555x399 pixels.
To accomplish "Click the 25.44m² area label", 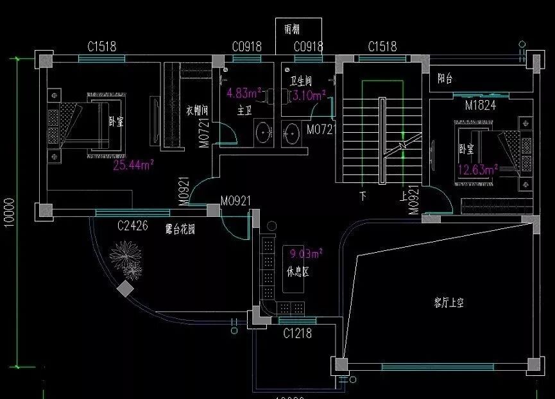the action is tap(133, 166).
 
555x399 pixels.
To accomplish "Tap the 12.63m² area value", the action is tap(478, 170).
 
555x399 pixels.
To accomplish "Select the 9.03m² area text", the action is tap(306, 253).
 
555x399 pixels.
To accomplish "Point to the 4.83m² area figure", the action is tap(242, 93).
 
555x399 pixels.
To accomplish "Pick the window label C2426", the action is tap(133, 226).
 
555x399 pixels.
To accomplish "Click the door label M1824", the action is tap(481, 105).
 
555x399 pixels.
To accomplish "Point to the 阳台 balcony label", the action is tap(445, 79).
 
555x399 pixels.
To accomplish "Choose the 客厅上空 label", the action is tap(448, 302).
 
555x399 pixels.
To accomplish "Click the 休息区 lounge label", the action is tap(298, 272).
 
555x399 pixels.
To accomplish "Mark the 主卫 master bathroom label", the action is tap(244, 110).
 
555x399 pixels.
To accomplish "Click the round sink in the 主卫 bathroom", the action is tap(264, 134).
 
